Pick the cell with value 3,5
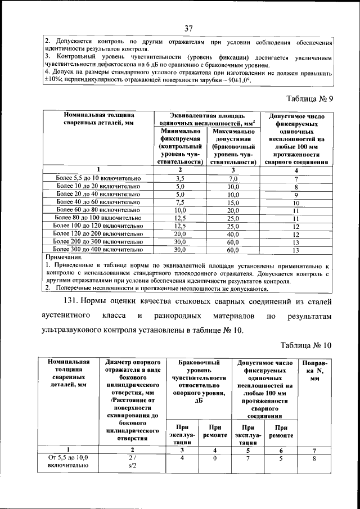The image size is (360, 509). (x=180, y=178)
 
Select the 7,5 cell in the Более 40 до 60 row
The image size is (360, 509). (x=180, y=202)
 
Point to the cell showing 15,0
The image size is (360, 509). (x=233, y=202)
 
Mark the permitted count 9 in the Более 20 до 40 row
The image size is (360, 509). (x=296, y=195)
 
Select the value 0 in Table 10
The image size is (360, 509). (x=214, y=458)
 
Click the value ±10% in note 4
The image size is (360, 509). (x=54, y=80)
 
